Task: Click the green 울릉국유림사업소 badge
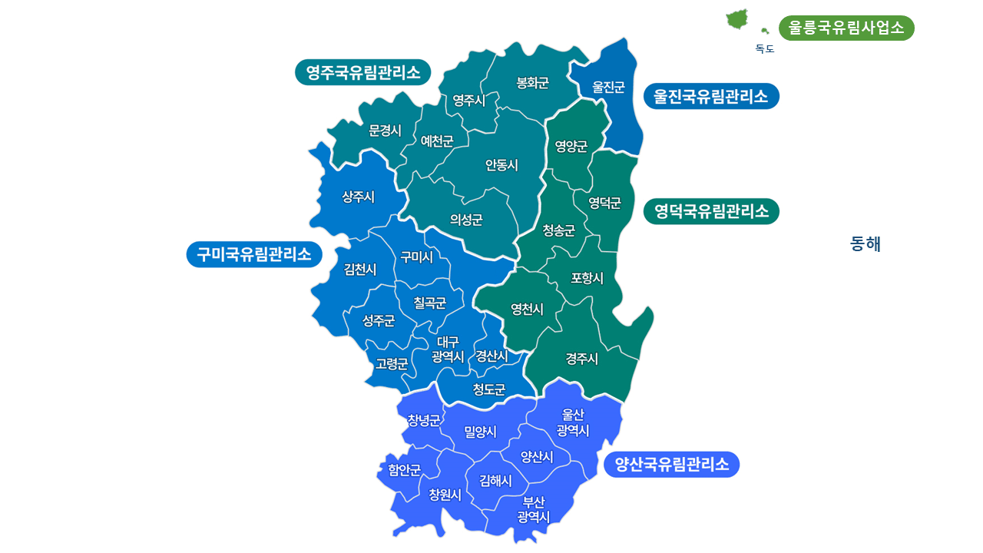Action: click(x=846, y=28)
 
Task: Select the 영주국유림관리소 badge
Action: click(x=362, y=72)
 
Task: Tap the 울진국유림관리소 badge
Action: click(x=711, y=96)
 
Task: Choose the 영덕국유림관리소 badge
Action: click(x=711, y=211)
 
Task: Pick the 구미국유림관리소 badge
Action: click(x=254, y=254)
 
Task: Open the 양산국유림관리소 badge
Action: click(x=672, y=464)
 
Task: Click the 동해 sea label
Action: click(x=866, y=244)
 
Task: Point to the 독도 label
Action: click(x=765, y=49)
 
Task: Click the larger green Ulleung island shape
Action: click(x=737, y=19)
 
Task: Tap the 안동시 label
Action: click(x=501, y=165)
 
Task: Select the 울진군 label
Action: click(x=608, y=87)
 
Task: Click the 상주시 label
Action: click(x=359, y=197)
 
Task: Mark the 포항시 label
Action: click(x=587, y=278)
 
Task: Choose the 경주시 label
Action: click(x=582, y=358)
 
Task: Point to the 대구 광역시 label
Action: click(x=448, y=349)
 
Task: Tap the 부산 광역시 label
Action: click(x=534, y=509)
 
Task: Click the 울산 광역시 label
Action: click(x=573, y=423)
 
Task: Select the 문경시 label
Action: click(x=386, y=131)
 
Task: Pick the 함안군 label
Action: click(x=405, y=469)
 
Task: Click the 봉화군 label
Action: click(x=533, y=83)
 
